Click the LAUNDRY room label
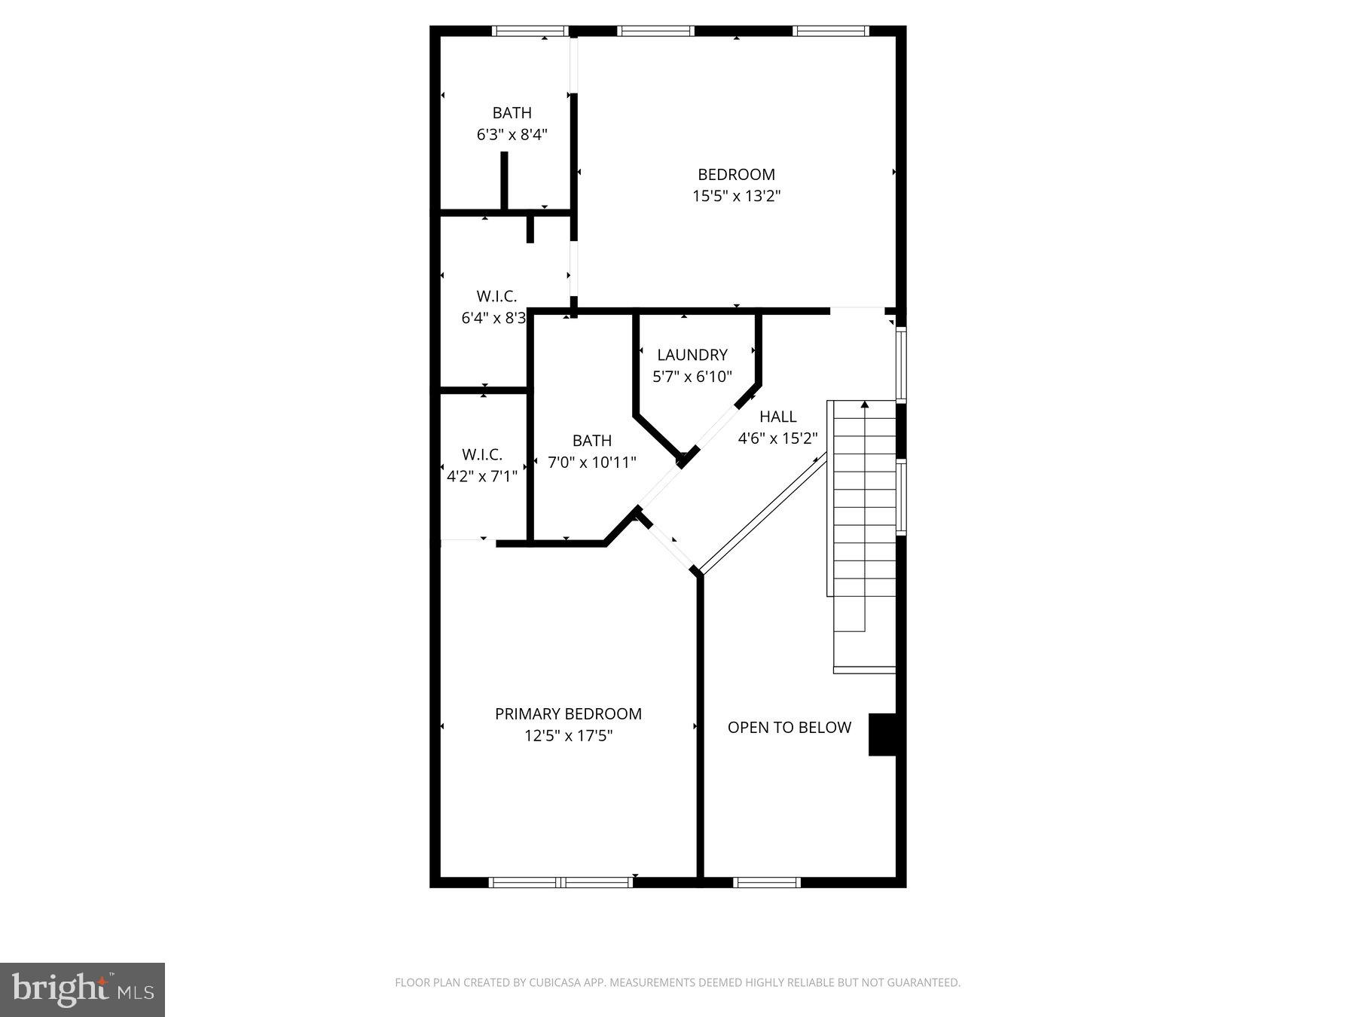click(x=692, y=355)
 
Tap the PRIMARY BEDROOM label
click(x=568, y=713)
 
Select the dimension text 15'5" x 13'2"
click(x=736, y=197)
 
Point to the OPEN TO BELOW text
click(x=789, y=727)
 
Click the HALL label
click(x=777, y=417)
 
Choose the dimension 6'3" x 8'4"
click(x=512, y=135)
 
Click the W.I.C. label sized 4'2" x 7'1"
click(x=481, y=455)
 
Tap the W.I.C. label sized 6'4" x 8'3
click(x=496, y=296)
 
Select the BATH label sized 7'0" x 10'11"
click(x=591, y=441)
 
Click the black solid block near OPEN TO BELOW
click(x=882, y=734)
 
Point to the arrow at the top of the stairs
click(x=865, y=405)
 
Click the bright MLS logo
click(x=82, y=990)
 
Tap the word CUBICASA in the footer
click(x=560, y=982)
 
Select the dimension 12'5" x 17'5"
click(x=568, y=735)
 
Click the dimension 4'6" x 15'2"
click(x=777, y=438)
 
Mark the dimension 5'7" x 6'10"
click(x=692, y=377)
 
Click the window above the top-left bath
click(x=530, y=31)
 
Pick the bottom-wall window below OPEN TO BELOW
click(x=767, y=882)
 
